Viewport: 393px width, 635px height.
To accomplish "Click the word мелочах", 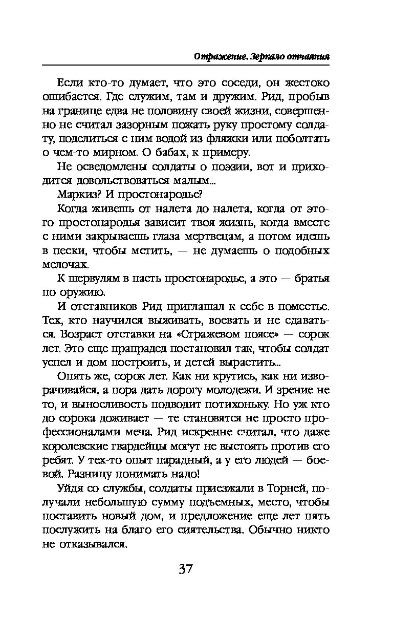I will [64, 264].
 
